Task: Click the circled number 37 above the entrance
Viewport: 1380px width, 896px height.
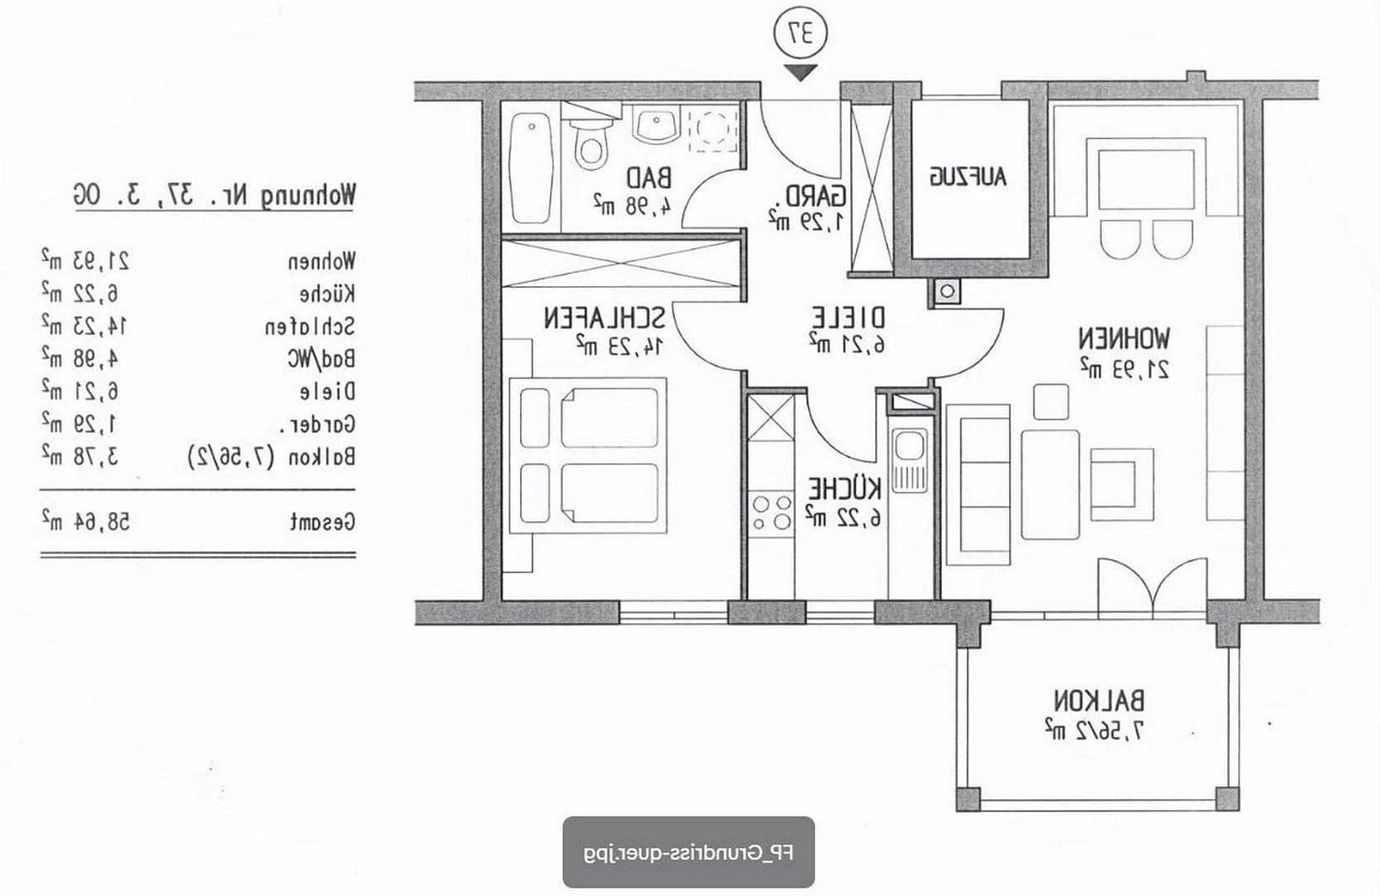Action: click(800, 34)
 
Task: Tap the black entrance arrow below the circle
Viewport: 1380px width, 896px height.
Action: click(800, 72)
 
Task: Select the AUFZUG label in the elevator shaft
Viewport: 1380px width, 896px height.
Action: click(969, 177)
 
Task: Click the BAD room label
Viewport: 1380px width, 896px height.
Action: click(649, 178)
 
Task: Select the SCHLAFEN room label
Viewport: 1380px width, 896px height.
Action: click(604, 319)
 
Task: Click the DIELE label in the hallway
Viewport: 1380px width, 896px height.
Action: click(848, 319)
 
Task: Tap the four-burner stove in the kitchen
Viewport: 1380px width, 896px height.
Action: click(770, 512)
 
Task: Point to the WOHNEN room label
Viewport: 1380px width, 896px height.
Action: click(1124, 338)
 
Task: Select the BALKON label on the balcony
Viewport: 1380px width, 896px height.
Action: click(1100, 701)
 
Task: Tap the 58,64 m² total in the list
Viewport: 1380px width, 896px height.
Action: click(86, 522)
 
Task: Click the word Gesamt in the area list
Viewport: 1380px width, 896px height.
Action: click(323, 522)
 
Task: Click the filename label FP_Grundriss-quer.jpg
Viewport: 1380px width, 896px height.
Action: click(688, 853)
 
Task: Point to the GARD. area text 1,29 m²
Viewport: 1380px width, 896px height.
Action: click(805, 221)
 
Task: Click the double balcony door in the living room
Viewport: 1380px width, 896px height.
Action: click(1152, 587)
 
